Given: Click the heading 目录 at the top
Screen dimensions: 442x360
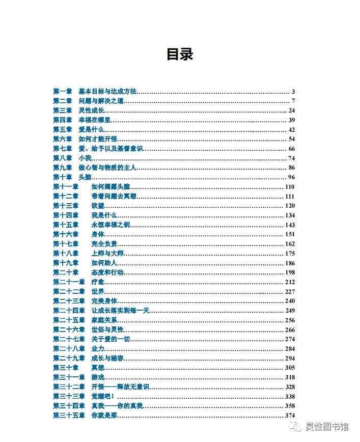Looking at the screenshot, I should (x=180, y=54).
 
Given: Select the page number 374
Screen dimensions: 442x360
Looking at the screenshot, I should (x=290, y=416).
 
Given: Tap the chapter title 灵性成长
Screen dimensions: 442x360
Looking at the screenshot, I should (x=91, y=110).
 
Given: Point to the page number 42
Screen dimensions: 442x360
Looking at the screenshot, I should (x=291, y=130).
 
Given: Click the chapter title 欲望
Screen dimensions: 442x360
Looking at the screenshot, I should (x=97, y=206).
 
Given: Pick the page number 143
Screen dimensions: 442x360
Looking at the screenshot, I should (x=290, y=225).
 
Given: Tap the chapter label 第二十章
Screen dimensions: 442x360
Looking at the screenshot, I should (x=66, y=272).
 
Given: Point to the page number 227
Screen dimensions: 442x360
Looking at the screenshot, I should (x=290, y=292).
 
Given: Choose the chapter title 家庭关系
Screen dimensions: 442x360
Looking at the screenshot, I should (x=104, y=320).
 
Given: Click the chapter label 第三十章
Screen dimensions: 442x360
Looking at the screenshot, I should (x=66, y=368).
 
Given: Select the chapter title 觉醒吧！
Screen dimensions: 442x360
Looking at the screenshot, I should (x=103, y=397).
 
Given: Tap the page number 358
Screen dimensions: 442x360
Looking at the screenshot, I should (x=290, y=406).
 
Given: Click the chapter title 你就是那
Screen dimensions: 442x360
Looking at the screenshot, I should (x=104, y=416).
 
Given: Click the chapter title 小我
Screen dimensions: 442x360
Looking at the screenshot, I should (x=85, y=158).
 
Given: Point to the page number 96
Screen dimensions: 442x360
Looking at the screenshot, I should (x=291, y=177).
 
